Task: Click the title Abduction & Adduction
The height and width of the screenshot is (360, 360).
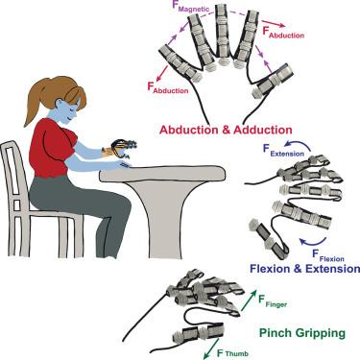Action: (x=226, y=130)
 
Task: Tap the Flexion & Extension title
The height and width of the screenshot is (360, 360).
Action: (x=304, y=268)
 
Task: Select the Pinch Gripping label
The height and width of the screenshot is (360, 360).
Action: (x=302, y=333)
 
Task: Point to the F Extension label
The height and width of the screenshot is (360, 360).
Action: (x=283, y=151)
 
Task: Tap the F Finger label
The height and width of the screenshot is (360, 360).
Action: (x=273, y=301)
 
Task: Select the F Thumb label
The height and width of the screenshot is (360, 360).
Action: (x=232, y=353)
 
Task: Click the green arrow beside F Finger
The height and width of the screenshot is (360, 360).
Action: (x=249, y=300)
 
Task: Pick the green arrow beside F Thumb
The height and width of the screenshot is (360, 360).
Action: (x=211, y=348)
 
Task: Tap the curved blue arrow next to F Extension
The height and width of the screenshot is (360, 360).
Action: (x=299, y=145)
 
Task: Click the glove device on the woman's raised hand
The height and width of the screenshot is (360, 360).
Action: (x=123, y=148)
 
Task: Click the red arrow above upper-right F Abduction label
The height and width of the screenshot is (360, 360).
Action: (x=275, y=23)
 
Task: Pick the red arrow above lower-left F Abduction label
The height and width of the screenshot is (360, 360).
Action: (x=163, y=73)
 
